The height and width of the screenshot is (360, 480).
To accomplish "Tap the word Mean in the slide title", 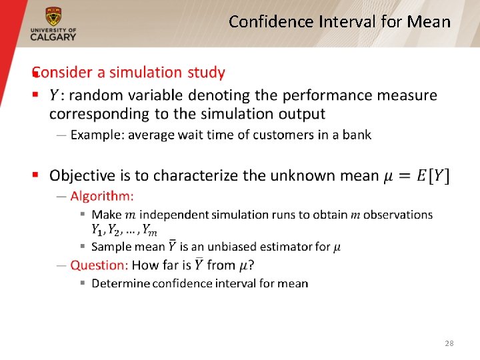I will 429,22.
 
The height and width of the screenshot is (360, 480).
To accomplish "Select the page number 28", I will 449,343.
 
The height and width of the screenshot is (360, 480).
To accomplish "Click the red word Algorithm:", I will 102,196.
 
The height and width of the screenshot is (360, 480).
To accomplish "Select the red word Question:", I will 99,265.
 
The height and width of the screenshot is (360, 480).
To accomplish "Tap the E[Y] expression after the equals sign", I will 433,176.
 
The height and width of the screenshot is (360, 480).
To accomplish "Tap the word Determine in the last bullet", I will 120,283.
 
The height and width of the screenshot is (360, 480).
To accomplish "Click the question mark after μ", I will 251,265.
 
